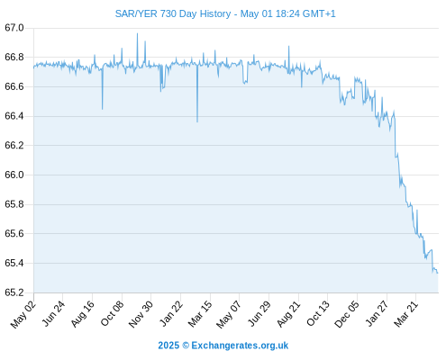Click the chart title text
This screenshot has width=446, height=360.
(225, 13)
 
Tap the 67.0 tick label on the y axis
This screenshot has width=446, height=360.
(14, 28)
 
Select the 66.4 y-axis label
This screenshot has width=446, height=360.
(14, 116)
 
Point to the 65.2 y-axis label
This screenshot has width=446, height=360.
(14, 292)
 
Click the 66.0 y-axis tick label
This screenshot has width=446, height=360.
(14, 175)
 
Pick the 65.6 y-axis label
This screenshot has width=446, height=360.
(14, 233)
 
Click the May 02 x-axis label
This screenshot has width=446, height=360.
(23, 314)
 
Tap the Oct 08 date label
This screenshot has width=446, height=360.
(112, 313)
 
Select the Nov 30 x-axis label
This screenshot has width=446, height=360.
(141, 314)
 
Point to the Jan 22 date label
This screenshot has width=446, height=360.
(170, 313)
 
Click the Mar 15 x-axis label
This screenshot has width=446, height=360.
(200, 314)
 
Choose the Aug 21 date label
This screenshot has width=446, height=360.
(288, 314)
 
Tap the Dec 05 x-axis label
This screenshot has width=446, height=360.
(347, 314)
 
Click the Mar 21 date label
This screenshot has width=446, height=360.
(406, 314)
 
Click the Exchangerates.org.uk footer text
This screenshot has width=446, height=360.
(240, 346)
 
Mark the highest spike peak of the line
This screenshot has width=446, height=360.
(137, 33)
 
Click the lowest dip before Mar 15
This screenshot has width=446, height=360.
(197, 121)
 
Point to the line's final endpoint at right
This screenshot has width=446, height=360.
(438, 273)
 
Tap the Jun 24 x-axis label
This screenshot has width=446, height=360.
(52, 313)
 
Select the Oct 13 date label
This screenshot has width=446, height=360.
(318, 313)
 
